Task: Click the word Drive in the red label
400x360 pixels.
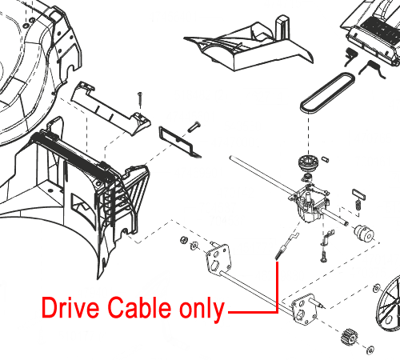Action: click(70, 308)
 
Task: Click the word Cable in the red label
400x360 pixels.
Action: click(139, 307)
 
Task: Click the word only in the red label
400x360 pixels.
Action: click(202, 310)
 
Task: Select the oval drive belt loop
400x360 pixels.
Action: click(327, 92)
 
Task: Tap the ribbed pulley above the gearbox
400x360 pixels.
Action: click(308, 163)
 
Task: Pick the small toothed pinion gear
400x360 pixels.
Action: click(349, 337)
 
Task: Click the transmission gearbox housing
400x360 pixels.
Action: click(311, 204)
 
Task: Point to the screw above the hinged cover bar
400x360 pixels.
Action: click(140, 99)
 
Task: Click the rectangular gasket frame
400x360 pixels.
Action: click(180, 142)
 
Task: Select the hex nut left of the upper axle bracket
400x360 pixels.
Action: click(183, 240)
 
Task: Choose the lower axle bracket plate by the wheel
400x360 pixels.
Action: click(304, 310)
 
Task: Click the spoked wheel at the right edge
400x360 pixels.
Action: click(389, 303)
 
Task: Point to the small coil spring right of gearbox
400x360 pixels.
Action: click(358, 205)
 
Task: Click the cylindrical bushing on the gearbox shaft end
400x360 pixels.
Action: click(364, 233)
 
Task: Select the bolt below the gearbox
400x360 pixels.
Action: click(323, 256)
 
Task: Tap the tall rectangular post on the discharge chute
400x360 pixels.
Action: click(282, 26)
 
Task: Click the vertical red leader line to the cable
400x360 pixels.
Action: click(278, 286)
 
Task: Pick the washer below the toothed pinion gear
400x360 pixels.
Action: click(370, 350)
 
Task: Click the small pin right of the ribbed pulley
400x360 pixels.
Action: click(325, 159)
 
